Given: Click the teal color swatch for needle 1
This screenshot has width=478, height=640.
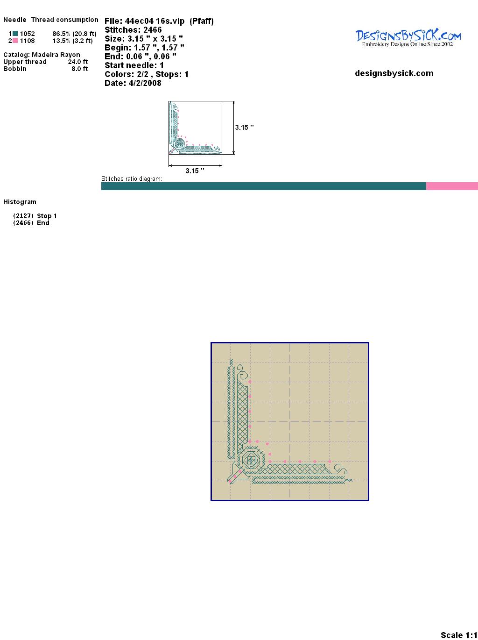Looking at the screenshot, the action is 15,34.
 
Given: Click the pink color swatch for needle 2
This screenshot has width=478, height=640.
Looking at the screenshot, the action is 15,41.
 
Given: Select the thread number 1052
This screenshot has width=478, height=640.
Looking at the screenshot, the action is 28,34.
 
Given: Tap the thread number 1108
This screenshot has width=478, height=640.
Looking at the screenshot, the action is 28,41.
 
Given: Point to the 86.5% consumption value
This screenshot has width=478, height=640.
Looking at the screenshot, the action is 62,34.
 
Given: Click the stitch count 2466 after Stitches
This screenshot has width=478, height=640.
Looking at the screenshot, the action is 152,30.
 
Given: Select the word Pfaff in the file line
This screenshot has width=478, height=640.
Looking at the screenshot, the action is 202,21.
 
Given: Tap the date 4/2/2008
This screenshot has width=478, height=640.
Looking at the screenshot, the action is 145,83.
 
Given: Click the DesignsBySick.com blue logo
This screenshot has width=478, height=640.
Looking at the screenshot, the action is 408,38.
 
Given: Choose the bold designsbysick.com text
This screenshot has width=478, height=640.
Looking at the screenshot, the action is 394,73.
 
